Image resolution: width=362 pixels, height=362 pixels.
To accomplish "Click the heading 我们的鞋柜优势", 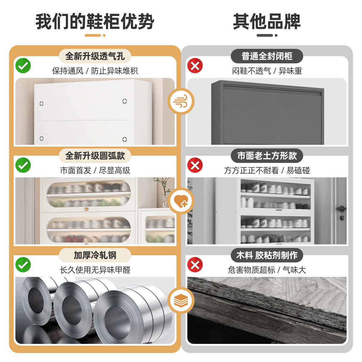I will pyautogui.click(x=95, y=22).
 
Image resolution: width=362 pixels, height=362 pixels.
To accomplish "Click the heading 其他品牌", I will pyautogui.click(x=267, y=22).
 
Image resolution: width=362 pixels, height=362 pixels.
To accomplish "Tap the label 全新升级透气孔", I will pyautogui.click(x=95, y=56).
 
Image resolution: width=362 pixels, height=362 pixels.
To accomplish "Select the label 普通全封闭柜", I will pyautogui.click(x=267, y=56).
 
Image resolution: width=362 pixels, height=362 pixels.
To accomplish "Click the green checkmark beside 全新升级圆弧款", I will pyautogui.click(x=23, y=165).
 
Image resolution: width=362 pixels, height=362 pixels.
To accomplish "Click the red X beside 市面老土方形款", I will pyautogui.click(x=195, y=165).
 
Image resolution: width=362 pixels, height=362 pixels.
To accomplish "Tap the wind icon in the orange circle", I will pyautogui.click(x=181, y=101).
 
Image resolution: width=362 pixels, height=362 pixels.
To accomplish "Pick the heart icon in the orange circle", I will pyautogui.click(x=181, y=201).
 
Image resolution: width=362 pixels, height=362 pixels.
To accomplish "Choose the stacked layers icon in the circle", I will pyautogui.click(x=181, y=300).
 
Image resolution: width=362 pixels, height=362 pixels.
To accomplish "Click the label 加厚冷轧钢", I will pyautogui.click(x=95, y=255).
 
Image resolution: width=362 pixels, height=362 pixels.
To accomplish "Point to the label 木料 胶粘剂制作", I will pyautogui.click(x=267, y=255).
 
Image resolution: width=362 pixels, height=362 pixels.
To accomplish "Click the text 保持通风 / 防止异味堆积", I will pyautogui.click(x=95, y=71).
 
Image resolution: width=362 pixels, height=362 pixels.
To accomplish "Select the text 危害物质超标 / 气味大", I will pyautogui.click(x=267, y=270).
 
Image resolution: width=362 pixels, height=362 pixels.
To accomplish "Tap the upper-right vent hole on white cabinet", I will pyautogui.click(x=125, y=101).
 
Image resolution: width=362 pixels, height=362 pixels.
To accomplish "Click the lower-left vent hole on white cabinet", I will pyautogui.click(x=42, y=138).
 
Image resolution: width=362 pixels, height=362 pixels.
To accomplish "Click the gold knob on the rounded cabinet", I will pyautogui.click(x=87, y=209).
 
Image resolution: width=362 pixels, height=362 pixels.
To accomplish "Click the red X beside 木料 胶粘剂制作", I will pyautogui.click(x=195, y=265).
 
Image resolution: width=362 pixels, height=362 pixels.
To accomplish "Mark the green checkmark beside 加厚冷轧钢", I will pyautogui.click(x=23, y=265).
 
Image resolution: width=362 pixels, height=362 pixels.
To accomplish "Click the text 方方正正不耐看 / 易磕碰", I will pyautogui.click(x=267, y=170).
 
